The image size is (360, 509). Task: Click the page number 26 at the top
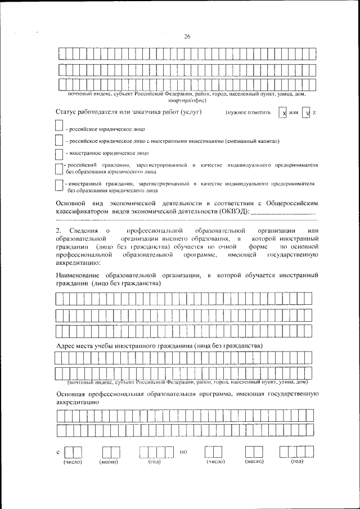pyautogui.click(x=187, y=37)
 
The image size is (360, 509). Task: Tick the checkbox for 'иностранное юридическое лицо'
pyautogui.click(x=59, y=152)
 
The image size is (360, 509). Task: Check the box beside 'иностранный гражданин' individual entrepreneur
pyautogui.click(x=59, y=186)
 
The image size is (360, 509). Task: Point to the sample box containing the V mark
pyautogui.click(x=306, y=113)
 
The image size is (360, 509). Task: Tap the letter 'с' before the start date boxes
pyautogui.click(x=58, y=452)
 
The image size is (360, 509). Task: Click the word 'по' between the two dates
pyautogui.click(x=183, y=452)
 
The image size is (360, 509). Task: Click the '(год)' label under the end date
pyautogui.click(x=297, y=462)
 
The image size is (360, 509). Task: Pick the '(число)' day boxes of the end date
pyautogui.click(x=213, y=452)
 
